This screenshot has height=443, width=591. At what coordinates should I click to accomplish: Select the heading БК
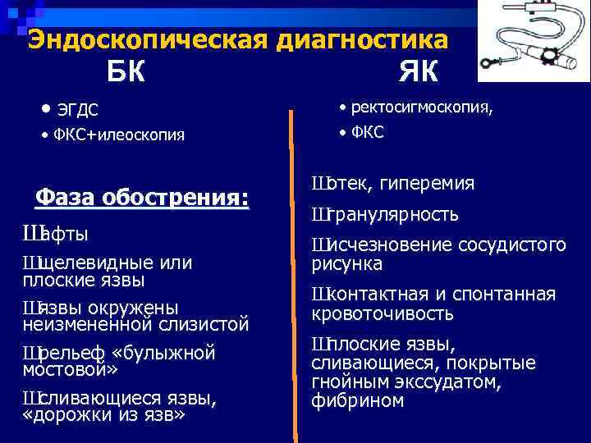[x=126, y=73]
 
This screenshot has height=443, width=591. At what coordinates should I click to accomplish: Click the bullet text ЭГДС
[x=80, y=111]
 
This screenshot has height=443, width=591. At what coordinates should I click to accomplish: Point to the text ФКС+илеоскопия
[x=118, y=135]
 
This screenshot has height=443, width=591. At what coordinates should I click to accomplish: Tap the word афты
[x=66, y=235]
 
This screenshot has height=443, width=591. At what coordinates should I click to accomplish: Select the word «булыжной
[x=170, y=354]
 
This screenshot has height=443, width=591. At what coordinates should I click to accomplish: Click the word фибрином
[x=358, y=401]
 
